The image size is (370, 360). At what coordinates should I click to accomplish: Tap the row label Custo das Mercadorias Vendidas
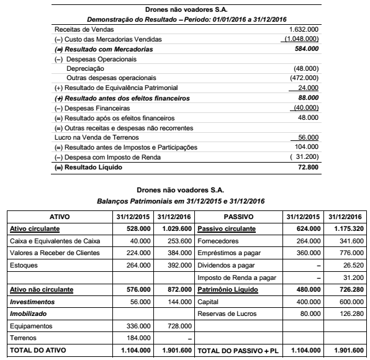click(x=99, y=38)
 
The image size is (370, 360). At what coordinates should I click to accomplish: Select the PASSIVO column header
click(x=238, y=217)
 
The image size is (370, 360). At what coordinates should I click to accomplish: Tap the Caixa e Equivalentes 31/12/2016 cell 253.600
click(x=178, y=241)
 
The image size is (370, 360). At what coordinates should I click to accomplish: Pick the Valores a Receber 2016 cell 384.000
click(x=178, y=253)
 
